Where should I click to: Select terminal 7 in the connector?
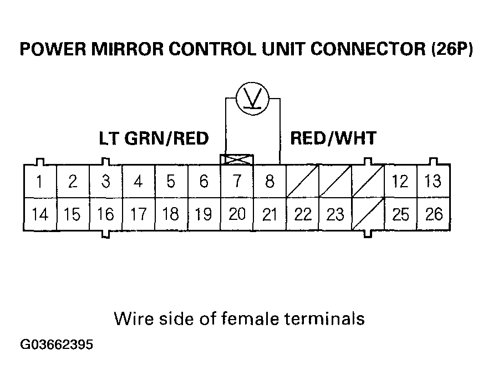pos(237,181)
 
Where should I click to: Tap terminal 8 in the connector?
pos(270,181)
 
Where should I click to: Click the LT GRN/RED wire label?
pos(154,138)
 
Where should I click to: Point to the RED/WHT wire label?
pos(333,138)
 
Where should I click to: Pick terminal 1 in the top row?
pos(39,181)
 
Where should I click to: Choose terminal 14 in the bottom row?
pos(39,214)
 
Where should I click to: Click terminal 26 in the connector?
pos(434,214)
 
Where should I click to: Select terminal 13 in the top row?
pos(434,181)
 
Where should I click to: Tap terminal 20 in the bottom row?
pos(237,214)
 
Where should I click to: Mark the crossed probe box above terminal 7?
pos(237,160)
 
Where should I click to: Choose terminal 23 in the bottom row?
pos(336,214)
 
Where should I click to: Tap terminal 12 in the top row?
pos(400,181)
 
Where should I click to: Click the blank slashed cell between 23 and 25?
pos(368,214)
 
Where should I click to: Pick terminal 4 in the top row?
pos(138,181)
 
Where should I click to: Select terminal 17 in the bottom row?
pos(138,214)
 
